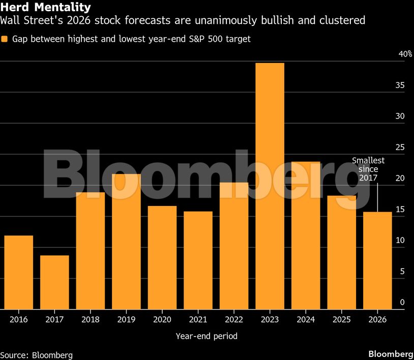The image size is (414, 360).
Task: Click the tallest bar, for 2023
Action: pyautogui.click(x=270, y=186)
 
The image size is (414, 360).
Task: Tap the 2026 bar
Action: pyautogui.click(x=377, y=260)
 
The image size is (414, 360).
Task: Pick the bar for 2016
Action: pyautogui.click(x=19, y=272)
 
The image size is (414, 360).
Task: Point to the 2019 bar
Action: pyautogui.click(x=126, y=242)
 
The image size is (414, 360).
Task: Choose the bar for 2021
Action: pyautogui.click(x=198, y=260)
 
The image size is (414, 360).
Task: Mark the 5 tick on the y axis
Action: pyautogui.click(x=402, y=272)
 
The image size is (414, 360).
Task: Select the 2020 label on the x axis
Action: pyautogui.click(x=162, y=319)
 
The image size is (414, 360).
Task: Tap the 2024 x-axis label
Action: pyautogui.click(x=305, y=319)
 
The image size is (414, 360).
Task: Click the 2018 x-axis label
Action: pyautogui.click(x=90, y=319)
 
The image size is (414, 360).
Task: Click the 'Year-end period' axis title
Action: pyautogui.click(x=206, y=336)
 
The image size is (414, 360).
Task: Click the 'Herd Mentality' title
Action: pyautogui.click(x=46, y=7)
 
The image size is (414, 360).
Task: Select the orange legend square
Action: pyautogui.click(x=5, y=39)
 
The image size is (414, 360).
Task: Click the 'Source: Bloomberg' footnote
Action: pyautogui.click(x=37, y=354)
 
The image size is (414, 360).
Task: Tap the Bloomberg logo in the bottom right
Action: pyautogui.click(x=390, y=354)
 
